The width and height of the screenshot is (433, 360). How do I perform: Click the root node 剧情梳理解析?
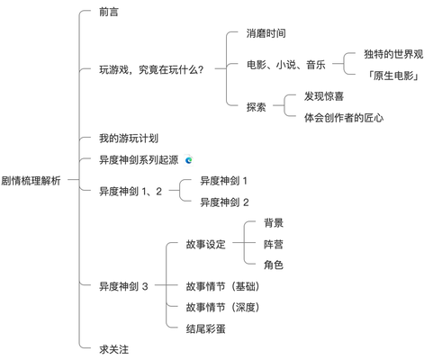(31, 181)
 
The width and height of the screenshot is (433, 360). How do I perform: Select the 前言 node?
(109, 12)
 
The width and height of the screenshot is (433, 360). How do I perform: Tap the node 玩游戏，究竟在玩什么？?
(151, 70)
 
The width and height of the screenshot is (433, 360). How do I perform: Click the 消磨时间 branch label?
(266, 33)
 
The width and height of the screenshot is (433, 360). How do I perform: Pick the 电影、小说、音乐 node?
(286, 65)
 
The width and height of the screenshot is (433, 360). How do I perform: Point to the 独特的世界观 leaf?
(393, 54)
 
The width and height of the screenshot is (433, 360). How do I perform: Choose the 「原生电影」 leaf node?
(393, 76)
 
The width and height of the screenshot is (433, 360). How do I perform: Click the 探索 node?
(257, 107)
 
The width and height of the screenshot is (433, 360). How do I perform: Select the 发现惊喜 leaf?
(324, 96)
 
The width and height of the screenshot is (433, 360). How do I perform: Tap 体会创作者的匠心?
(344, 118)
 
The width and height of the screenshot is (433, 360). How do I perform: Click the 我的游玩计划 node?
(129, 139)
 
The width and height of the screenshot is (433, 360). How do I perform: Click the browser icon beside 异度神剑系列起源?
(189, 160)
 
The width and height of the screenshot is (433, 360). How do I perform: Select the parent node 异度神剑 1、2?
(131, 192)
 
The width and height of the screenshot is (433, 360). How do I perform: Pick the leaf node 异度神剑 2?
(224, 202)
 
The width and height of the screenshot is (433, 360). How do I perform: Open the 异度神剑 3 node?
(123, 286)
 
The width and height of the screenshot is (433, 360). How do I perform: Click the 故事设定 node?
(205, 245)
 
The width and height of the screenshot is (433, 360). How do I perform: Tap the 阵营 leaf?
(274, 245)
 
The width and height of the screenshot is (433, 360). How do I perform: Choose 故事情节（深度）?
(222, 308)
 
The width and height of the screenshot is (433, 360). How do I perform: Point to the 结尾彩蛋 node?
(205, 329)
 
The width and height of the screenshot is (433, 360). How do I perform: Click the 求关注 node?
(114, 349)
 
